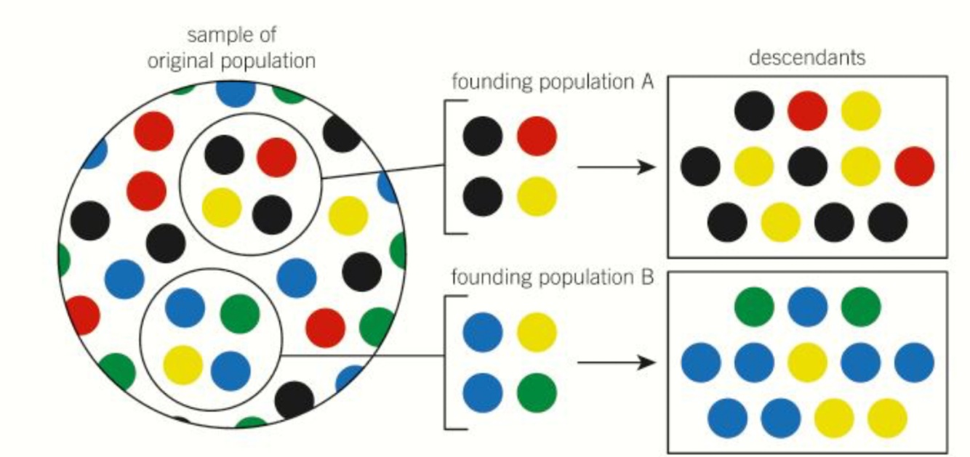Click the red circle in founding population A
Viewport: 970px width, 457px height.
coord(537,136)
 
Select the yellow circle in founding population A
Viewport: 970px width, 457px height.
coord(537,196)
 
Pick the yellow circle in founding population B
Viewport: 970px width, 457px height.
coord(537,331)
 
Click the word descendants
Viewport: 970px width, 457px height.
coord(807,57)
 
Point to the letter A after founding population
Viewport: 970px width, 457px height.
coord(649,82)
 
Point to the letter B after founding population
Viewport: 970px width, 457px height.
coord(649,278)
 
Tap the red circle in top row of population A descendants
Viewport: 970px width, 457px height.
coord(807,111)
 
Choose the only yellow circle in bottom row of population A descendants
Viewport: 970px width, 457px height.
coord(780,222)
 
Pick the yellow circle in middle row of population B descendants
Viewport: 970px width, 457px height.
coord(807,362)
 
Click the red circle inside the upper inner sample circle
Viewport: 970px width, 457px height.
coord(276,157)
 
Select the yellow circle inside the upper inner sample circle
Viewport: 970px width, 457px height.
coord(222,206)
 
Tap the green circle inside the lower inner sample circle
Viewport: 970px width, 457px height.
coord(240,312)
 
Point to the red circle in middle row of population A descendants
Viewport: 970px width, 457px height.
coord(915,166)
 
